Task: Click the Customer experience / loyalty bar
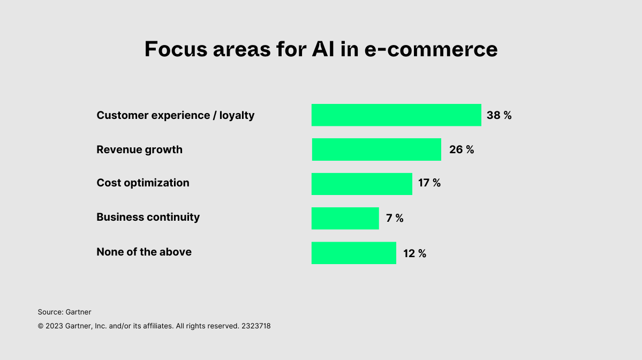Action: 396,115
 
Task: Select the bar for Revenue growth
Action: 376,149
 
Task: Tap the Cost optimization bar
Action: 362,184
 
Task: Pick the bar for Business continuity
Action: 345,218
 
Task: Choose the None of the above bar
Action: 354,253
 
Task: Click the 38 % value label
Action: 499,115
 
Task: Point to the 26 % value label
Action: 462,149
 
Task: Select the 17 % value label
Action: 429,183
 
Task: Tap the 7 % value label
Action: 395,218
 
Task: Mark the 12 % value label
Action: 415,253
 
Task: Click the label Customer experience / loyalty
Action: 176,115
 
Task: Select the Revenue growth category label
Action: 139,149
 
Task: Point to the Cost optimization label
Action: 143,183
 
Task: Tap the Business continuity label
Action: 148,217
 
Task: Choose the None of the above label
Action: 144,252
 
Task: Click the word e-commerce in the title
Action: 431,49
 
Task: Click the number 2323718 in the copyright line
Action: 256,326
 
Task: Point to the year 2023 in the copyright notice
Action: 54,326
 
